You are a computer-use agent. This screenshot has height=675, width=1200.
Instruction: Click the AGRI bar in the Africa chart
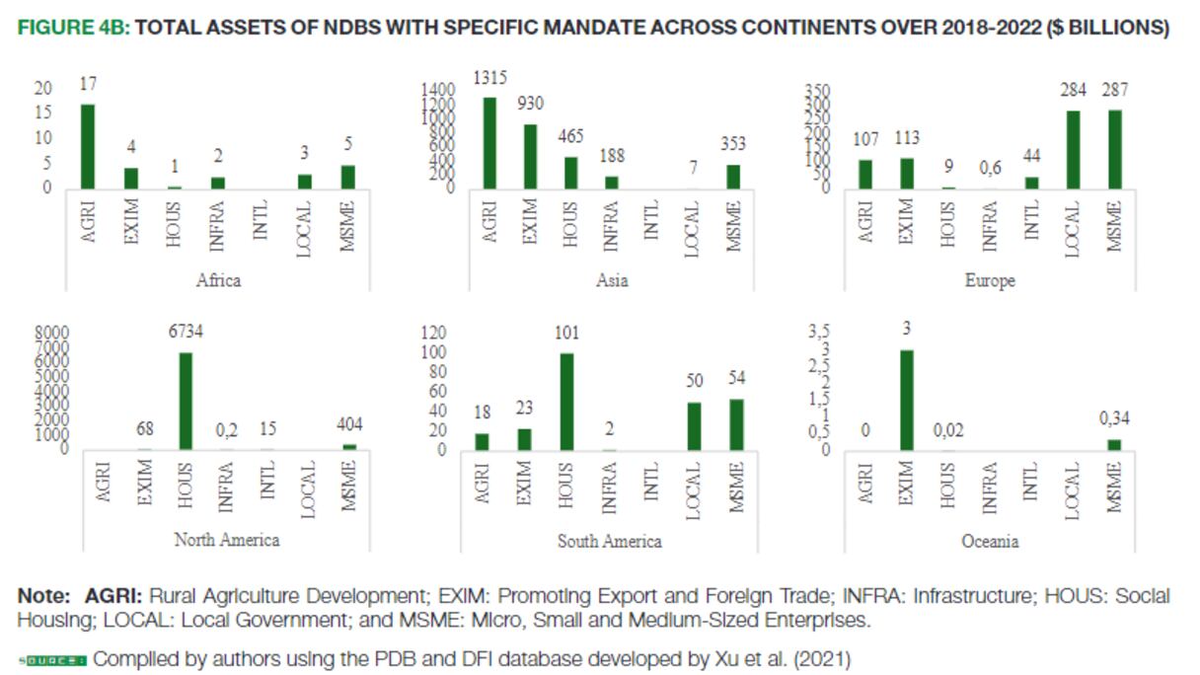tap(88, 146)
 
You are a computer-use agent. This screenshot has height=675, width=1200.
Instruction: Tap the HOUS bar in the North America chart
tap(186, 401)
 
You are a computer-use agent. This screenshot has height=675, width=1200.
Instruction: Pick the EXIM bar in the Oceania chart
tap(906, 401)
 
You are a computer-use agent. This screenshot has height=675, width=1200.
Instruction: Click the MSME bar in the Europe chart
tap(1115, 149)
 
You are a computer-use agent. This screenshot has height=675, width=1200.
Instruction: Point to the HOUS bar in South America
tap(566, 402)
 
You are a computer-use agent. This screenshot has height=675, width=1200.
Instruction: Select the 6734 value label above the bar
tap(185, 332)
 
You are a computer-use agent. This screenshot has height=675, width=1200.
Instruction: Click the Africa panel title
tap(218, 280)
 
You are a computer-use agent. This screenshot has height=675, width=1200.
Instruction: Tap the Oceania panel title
tap(990, 541)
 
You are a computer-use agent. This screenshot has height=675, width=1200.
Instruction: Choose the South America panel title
tap(609, 541)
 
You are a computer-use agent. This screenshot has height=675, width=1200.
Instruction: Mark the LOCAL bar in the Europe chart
tap(1073, 149)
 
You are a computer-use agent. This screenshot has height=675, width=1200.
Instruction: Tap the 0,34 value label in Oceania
tap(1114, 418)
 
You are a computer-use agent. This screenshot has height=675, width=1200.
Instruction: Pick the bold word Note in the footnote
tap(43, 597)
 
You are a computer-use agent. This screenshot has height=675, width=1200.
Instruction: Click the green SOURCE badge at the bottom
tap(52, 659)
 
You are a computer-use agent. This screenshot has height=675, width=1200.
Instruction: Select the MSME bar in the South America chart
tap(735, 424)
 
